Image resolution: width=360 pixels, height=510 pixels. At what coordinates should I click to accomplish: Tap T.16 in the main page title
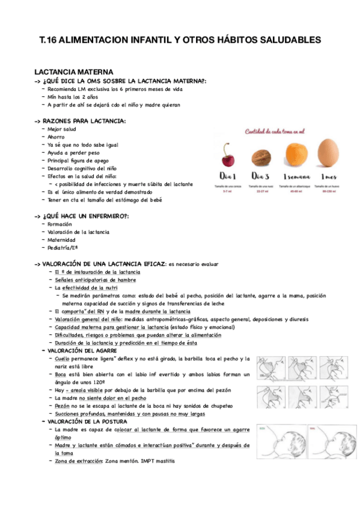(x=50, y=40)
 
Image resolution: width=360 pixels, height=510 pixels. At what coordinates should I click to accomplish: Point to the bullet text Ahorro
(x=56, y=137)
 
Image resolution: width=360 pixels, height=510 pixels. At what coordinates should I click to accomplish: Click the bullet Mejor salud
(x=62, y=129)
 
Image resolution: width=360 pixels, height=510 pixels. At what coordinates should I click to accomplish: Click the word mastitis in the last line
(x=163, y=461)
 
